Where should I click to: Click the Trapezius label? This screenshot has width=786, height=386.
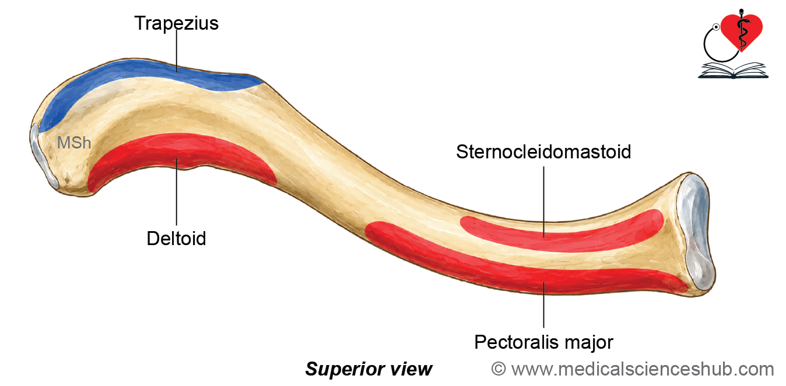[177, 23]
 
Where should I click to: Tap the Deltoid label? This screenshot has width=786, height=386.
[176, 239]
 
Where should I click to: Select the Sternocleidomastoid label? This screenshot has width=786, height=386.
[543, 152]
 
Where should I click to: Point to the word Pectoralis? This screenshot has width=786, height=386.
[515, 342]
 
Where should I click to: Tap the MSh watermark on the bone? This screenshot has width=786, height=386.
[74, 143]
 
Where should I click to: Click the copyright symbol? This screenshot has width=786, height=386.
[499, 369]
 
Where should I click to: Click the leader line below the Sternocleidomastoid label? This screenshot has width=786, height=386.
[544, 202]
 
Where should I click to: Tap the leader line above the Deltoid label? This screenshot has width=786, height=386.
[177, 192]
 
